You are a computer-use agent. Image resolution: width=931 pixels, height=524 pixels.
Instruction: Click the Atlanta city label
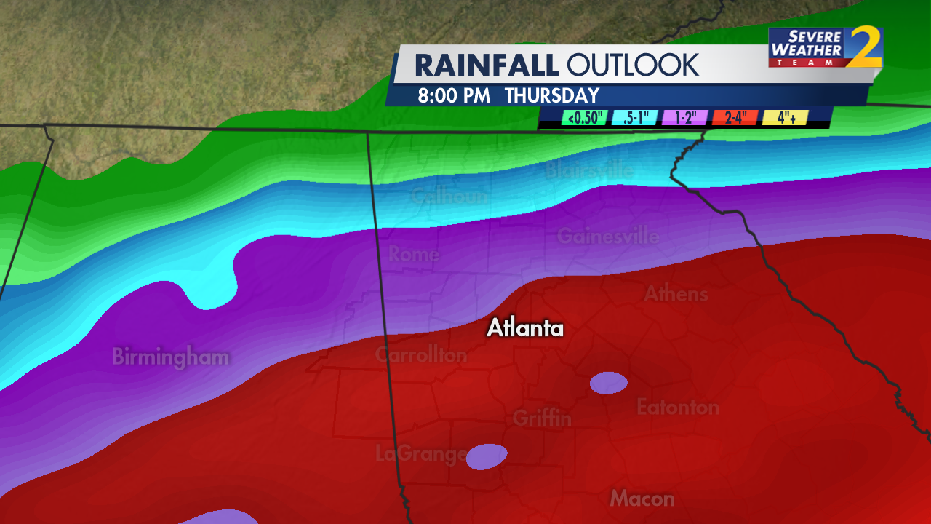pyautogui.click(x=525, y=328)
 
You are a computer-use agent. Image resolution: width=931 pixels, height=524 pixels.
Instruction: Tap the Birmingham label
pyautogui.click(x=171, y=357)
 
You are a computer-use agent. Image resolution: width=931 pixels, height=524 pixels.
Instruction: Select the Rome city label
pyautogui.click(x=414, y=254)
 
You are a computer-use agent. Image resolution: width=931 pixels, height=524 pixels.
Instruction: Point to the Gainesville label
pyautogui.click(x=608, y=237)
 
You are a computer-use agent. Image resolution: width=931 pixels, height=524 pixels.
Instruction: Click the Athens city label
pyautogui.click(x=676, y=294)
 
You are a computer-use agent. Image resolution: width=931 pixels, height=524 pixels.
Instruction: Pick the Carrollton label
pyautogui.click(x=421, y=354)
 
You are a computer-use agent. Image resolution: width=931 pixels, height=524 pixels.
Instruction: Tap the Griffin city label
pyautogui.click(x=542, y=418)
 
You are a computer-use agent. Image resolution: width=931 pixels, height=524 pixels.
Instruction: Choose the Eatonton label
pyautogui.click(x=678, y=407)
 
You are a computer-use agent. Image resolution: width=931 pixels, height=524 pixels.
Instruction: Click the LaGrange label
pyautogui.click(x=421, y=454)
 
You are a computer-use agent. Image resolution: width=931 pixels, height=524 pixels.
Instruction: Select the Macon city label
pyautogui.click(x=642, y=499)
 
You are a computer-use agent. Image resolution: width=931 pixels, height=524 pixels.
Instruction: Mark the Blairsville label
pyautogui.click(x=589, y=170)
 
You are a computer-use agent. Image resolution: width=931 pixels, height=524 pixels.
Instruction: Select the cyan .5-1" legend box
pyautogui.click(x=635, y=118)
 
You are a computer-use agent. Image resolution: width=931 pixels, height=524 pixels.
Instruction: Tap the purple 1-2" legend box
pyautogui.click(x=685, y=118)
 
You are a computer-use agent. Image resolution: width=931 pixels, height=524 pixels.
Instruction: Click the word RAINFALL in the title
pyautogui.click(x=487, y=65)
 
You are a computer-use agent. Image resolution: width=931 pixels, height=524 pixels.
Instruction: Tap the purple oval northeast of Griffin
pyautogui.click(x=608, y=383)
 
